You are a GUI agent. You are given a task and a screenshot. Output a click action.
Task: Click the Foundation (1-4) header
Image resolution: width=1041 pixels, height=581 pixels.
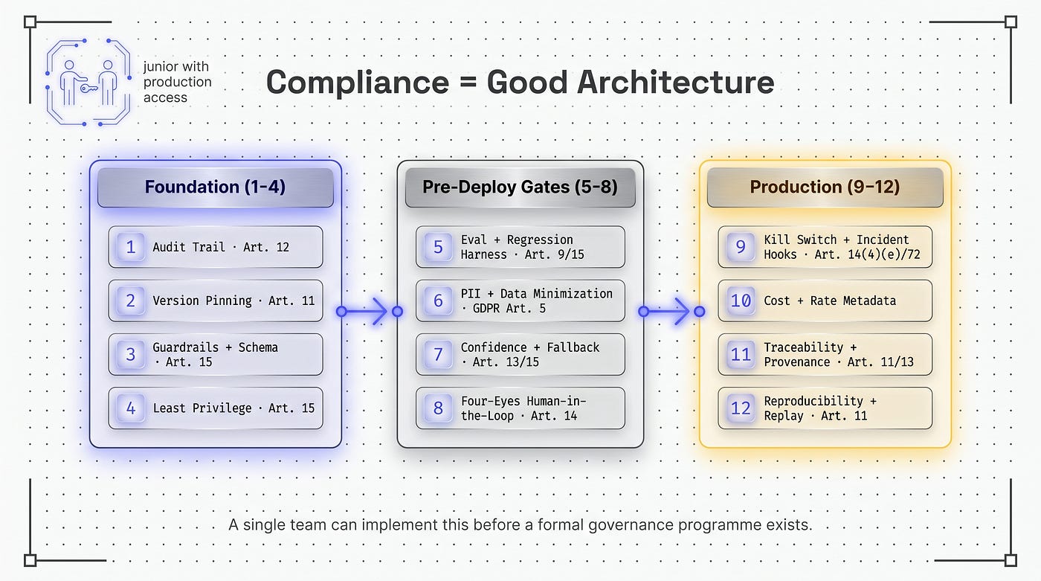coord(215,187)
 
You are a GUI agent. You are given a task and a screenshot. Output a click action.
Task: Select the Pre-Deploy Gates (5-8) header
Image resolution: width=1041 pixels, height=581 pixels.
coord(520,187)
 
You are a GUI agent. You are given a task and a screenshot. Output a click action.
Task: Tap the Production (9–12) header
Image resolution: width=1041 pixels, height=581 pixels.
coord(825,187)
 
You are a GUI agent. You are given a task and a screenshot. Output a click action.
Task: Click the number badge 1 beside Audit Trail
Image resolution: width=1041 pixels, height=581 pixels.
coord(131,247)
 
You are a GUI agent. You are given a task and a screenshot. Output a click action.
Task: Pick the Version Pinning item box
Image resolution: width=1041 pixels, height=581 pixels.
coord(216,301)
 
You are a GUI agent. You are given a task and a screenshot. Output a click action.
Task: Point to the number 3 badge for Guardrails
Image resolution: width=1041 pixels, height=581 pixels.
coord(131,354)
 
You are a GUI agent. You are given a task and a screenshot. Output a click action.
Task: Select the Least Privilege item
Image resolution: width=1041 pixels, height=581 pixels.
coord(216,408)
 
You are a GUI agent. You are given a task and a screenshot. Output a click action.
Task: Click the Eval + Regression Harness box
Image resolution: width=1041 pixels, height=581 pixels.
coord(520,247)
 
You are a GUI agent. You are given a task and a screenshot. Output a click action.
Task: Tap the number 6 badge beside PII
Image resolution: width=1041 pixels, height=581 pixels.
coord(438,301)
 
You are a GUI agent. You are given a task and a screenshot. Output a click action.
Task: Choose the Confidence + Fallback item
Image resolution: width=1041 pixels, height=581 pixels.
coord(520,354)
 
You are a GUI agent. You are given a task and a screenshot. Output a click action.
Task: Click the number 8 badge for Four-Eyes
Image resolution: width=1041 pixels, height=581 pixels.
coord(438,408)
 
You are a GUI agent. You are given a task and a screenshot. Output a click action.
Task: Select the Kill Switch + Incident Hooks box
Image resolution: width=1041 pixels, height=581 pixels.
coord(825,247)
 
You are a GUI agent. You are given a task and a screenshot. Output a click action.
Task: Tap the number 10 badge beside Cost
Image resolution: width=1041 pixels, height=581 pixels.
coord(741,301)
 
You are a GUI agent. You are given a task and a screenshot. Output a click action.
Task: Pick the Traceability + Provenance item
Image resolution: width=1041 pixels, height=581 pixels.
coord(825,354)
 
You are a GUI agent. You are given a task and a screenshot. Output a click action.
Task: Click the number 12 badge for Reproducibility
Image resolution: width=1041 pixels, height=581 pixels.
coord(741,408)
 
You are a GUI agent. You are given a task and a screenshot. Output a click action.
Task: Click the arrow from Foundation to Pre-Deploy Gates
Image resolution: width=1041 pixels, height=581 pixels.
coord(370,311)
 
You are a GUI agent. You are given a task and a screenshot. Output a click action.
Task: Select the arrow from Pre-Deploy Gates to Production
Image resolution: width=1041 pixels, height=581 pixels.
coord(671,311)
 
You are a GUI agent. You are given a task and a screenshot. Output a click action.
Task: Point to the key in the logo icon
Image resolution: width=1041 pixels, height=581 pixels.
coord(88,89)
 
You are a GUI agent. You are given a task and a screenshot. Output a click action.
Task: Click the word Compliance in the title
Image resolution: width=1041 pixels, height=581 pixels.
coord(358,83)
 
